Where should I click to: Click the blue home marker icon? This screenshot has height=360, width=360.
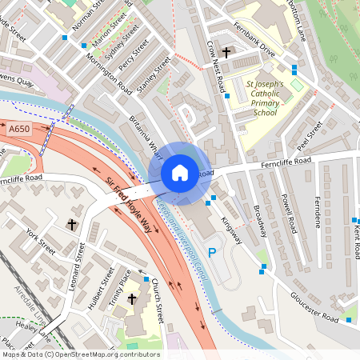tap(179, 173)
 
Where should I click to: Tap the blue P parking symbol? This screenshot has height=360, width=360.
tap(212, 253)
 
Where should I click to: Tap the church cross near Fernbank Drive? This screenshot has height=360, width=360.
tap(226, 53)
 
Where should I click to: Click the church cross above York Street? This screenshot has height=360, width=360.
tap(72, 225)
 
